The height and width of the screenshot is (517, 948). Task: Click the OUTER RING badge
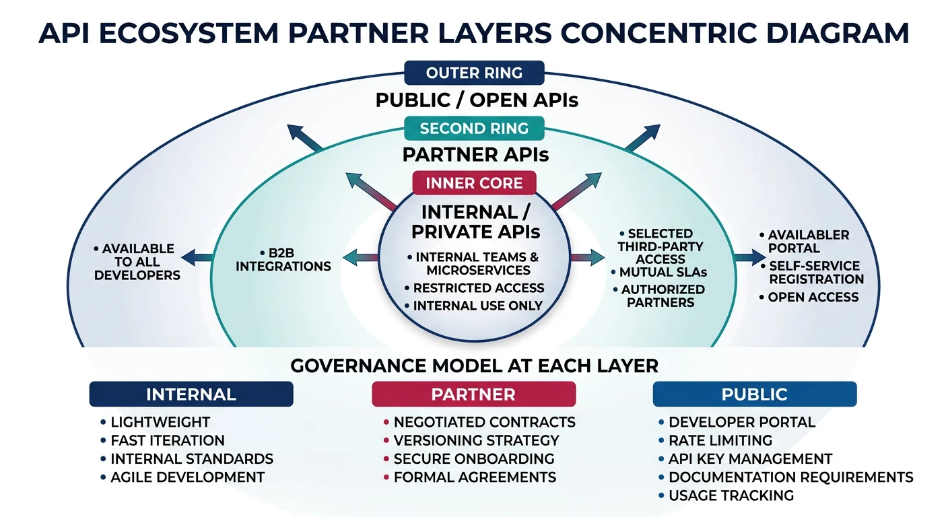coord(474,73)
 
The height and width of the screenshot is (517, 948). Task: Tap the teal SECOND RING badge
coord(474,128)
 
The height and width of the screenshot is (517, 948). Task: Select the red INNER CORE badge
coord(474,183)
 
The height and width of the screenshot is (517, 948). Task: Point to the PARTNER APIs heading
coord(475,155)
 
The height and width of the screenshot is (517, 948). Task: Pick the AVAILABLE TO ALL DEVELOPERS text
coord(137,262)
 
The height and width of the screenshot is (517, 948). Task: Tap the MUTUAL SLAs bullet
coord(663,273)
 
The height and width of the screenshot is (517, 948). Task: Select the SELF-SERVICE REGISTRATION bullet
coord(816,273)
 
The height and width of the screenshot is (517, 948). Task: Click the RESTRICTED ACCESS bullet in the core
coord(478,288)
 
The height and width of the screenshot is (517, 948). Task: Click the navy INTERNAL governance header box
coord(191,394)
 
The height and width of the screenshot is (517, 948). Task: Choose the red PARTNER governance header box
coord(473,394)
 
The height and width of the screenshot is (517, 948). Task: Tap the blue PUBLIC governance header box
coord(754,394)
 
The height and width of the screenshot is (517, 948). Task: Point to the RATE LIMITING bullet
coord(720,441)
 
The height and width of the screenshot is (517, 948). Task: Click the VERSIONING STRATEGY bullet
coord(476,441)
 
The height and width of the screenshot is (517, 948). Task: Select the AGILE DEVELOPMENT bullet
coord(187,477)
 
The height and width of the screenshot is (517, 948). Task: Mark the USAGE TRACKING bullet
coord(731,496)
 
